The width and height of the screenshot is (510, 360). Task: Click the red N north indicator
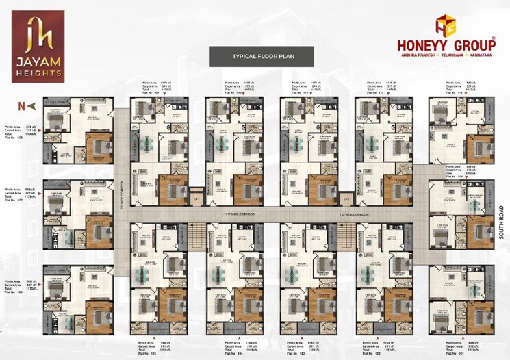pyautogui.click(x=22, y=105)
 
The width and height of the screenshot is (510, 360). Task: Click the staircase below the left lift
pyautogui.click(x=197, y=239)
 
